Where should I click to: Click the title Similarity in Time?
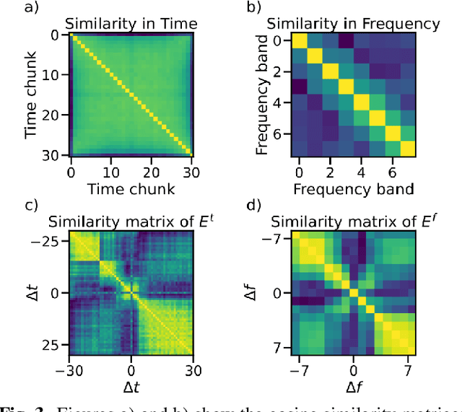(x=131, y=24)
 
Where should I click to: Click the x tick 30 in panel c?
(x=192, y=369)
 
